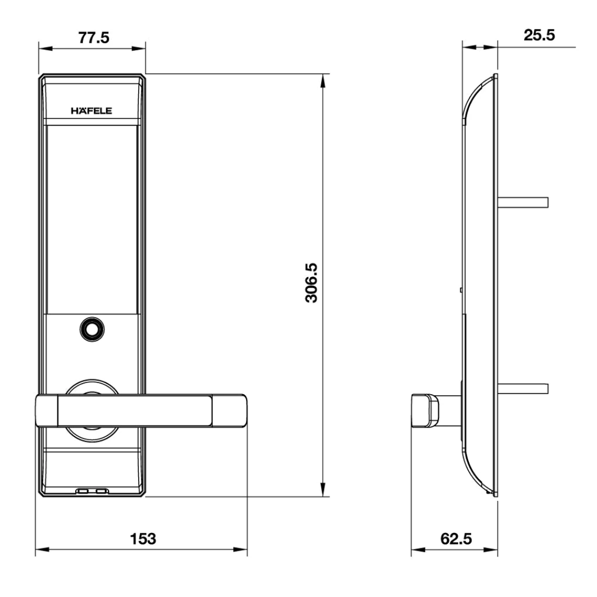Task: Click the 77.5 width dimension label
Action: tap(93, 38)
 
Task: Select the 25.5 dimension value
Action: tap(539, 35)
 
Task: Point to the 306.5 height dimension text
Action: tap(310, 283)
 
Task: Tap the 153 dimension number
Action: tap(142, 538)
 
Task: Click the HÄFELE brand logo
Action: tap(92, 111)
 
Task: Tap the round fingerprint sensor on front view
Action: tap(92, 328)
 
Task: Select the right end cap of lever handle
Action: tap(230, 412)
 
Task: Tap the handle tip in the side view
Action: tap(424, 411)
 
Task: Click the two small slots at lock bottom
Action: tap(92, 491)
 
